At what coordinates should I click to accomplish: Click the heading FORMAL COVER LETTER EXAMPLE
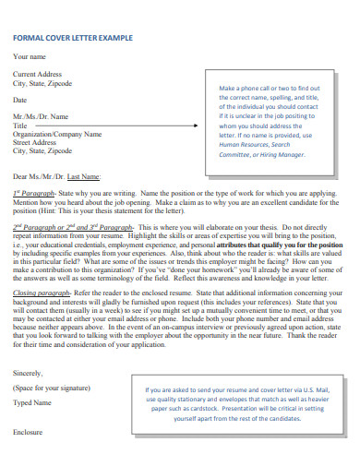coord(72,39)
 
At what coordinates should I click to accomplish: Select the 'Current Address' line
coord(37,74)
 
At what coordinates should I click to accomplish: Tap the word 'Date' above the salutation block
coord(20,100)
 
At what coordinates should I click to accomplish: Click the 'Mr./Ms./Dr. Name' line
coord(41,117)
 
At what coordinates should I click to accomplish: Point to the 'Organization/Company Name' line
coord(57,135)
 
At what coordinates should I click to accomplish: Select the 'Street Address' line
coord(35,143)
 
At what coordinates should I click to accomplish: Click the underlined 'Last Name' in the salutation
coord(85,175)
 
